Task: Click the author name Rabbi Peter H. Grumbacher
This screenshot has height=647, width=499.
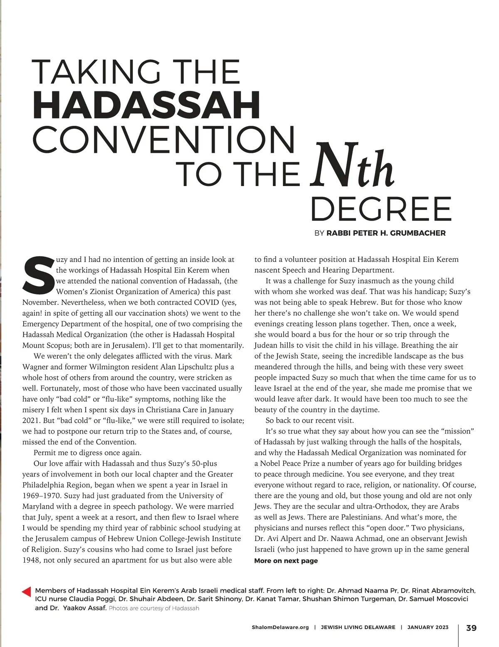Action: click(x=386, y=233)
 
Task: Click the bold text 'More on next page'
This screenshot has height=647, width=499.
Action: click(x=286, y=561)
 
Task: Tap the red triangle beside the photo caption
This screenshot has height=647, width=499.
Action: click(x=26, y=591)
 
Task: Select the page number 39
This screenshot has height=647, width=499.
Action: click(x=471, y=627)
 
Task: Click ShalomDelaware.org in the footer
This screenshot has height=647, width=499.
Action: click(x=280, y=627)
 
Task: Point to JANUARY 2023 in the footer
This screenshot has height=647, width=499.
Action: click(x=428, y=627)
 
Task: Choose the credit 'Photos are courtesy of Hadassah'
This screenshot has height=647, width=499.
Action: click(x=154, y=608)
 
